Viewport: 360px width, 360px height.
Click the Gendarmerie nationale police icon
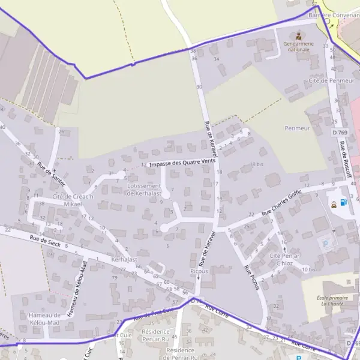(x=298, y=35)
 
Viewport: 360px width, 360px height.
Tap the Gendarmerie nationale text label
(x=298, y=46)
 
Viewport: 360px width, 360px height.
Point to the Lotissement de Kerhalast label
(x=144, y=190)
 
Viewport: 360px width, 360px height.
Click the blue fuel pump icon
(x=343, y=202)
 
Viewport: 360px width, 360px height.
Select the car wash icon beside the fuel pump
(x=333, y=203)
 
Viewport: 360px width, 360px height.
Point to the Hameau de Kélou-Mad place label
(x=45, y=319)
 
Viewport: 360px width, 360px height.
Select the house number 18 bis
(x=257, y=164)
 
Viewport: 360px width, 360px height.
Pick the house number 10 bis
(x=309, y=269)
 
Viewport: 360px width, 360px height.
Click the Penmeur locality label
(x=298, y=128)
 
